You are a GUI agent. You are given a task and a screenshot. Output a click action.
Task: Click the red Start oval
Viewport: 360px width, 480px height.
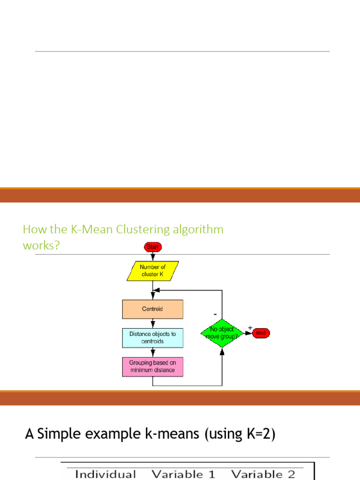tap(152, 247)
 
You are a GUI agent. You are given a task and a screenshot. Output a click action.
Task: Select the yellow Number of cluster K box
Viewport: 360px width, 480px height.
tap(152, 270)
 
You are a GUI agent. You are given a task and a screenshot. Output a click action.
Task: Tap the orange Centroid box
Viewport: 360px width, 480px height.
tap(152, 309)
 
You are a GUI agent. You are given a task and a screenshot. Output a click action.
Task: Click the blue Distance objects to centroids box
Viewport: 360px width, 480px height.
tap(152, 337)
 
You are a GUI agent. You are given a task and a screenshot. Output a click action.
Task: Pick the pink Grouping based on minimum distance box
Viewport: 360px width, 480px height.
tap(152, 367)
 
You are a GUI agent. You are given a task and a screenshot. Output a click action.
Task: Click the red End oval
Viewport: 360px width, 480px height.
tap(261, 333)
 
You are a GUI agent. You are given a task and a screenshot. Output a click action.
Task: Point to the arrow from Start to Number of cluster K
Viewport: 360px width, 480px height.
tap(152, 256)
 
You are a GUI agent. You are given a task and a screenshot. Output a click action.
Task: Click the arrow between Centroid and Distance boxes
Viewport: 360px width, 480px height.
tap(152, 323)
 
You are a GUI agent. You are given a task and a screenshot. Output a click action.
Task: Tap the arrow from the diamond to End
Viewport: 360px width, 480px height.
tap(248, 333)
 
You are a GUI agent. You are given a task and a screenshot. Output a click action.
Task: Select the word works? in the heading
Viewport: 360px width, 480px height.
tap(41, 245)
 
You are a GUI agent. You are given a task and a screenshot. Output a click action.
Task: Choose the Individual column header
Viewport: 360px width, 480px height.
tap(105, 474)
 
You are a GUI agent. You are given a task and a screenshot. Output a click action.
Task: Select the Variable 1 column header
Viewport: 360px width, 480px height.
tap(183, 474)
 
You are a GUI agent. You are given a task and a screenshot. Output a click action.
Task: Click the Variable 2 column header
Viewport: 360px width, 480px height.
tap(263, 474)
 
